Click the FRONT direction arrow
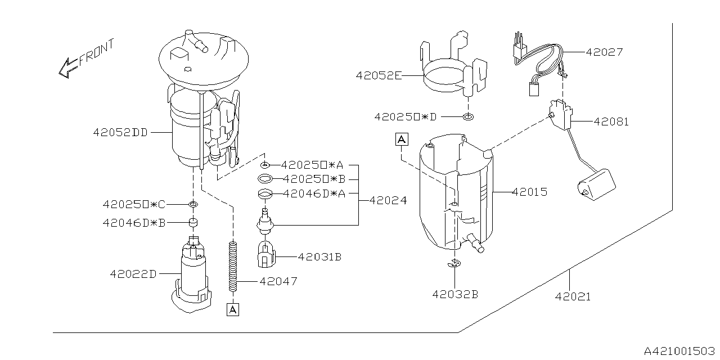click(67, 67)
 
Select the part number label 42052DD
click(120, 133)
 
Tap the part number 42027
click(604, 52)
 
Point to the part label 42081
click(610, 121)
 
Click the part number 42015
click(529, 192)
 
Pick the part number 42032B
click(455, 294)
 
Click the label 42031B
click(319, 257)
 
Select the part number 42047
click(278, 281)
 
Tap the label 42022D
click(133, 274)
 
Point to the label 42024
click(388, 200)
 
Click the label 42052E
click(378, 75)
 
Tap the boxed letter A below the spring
click(232, 309)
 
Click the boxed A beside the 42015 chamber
click(401, 139)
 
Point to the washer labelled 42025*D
click(467, 117)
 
